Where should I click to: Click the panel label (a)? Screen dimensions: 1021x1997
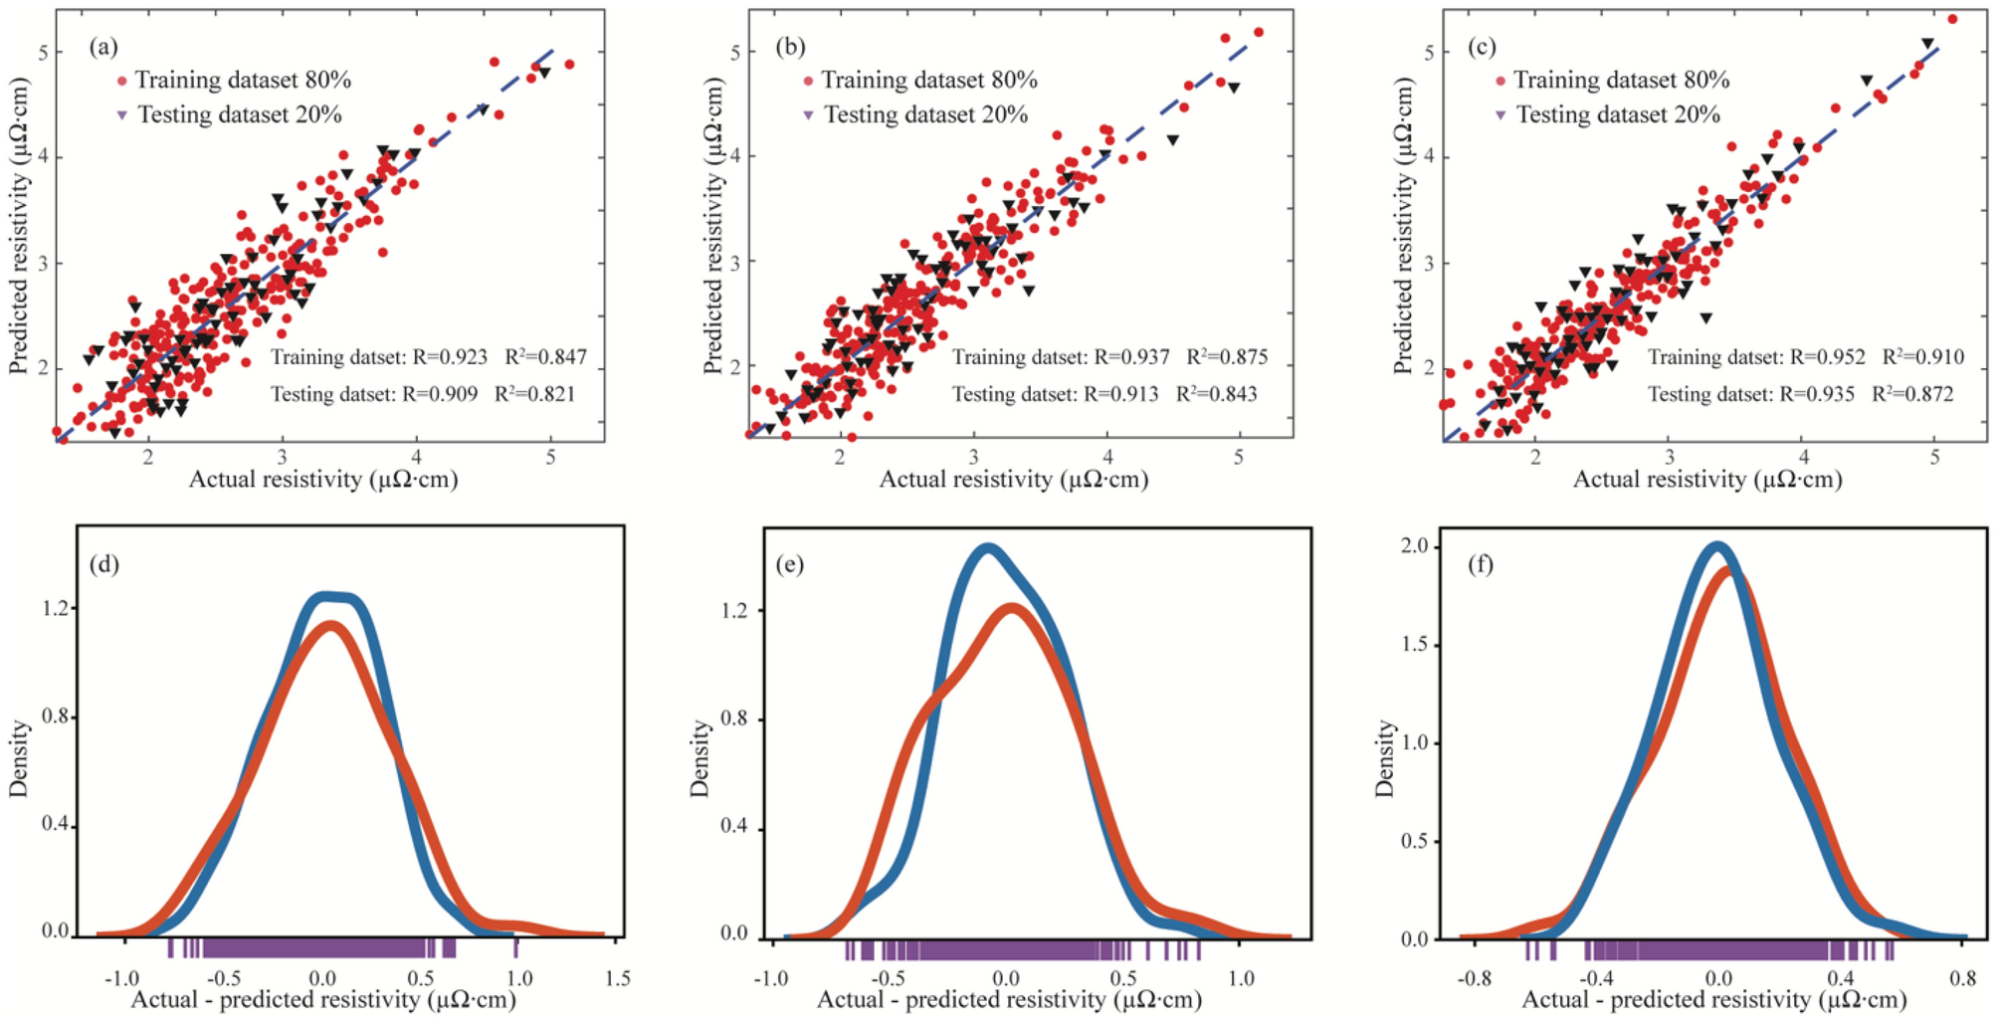pos(102,47)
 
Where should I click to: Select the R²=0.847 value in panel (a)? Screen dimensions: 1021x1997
pos(545,356)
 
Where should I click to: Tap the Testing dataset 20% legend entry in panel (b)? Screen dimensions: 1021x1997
pos(915,114)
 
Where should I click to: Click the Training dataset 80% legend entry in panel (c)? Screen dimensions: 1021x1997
pos(1612,80)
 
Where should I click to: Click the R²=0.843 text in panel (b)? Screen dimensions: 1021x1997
pos(1216,394)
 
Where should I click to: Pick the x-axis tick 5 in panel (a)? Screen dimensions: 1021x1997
pos(550,458)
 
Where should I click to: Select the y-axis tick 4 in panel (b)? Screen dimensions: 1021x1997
pos(735,155)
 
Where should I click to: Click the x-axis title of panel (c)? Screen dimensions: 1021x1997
pos(1706,480)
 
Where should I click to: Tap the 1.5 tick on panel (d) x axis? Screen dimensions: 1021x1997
pos(617,978)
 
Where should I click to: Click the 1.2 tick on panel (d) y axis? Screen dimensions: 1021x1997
pos(55,608)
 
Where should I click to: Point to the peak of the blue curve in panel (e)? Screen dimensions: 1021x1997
pos(986,547)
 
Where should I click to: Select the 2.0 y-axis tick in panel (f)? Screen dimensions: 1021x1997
pos(1414,546)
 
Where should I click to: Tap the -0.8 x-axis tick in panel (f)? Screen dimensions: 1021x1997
pos(1474,978)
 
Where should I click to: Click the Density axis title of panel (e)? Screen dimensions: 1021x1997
pos(699,758)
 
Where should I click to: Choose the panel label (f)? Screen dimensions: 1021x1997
pos(1480,565)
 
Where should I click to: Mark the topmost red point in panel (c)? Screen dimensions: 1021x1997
pos(1952,19)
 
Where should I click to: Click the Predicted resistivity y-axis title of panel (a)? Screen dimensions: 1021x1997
pos(18,227)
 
